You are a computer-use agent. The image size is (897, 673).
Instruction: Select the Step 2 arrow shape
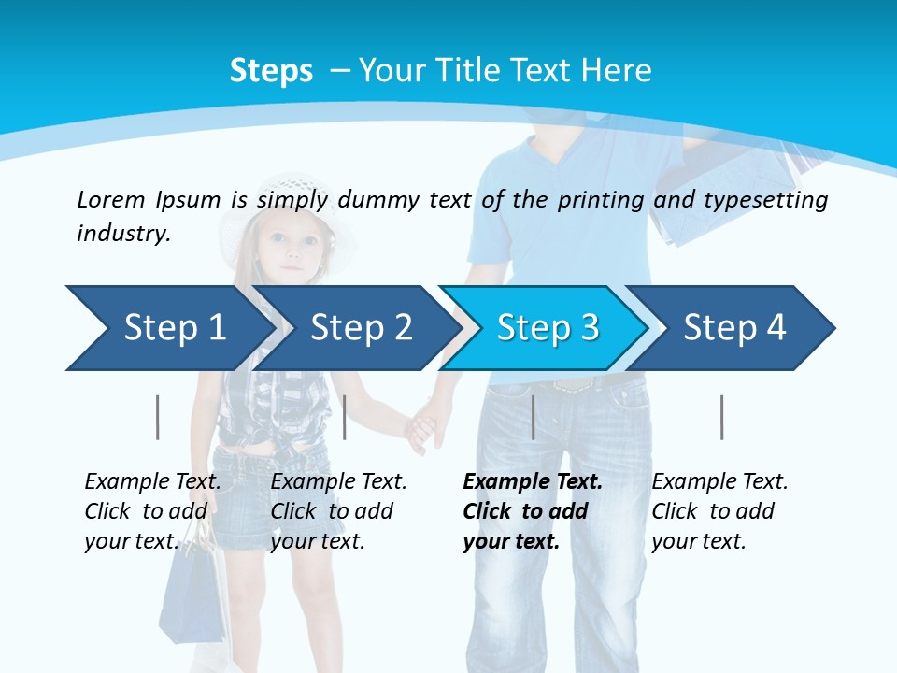[361, 328]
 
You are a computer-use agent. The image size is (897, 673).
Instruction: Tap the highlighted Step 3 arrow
[548, 328]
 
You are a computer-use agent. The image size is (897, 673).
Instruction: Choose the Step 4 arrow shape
[734, 328]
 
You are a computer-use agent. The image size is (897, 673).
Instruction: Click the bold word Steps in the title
[271, 71]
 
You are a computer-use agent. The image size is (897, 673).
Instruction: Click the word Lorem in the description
[110, 199]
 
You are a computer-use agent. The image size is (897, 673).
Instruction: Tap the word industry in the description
[123, 234]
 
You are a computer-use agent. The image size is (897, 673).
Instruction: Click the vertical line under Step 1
[158, 417]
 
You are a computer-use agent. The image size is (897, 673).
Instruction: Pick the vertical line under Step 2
[345, 417]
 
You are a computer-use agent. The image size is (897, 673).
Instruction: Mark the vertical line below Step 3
[533, 417]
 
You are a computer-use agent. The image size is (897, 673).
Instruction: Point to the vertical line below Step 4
[721, 417]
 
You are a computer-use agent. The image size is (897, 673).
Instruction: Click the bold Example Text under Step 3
[533, 482]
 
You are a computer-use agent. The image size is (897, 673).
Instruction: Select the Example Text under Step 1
[152, 482]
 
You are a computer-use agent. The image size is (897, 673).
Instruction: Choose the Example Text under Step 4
[719, 482]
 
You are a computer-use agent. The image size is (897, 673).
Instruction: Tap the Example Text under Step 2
[338, 482]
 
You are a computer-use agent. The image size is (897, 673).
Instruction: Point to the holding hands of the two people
[425, 425]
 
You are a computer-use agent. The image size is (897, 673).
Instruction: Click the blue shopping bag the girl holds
[192, 598]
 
